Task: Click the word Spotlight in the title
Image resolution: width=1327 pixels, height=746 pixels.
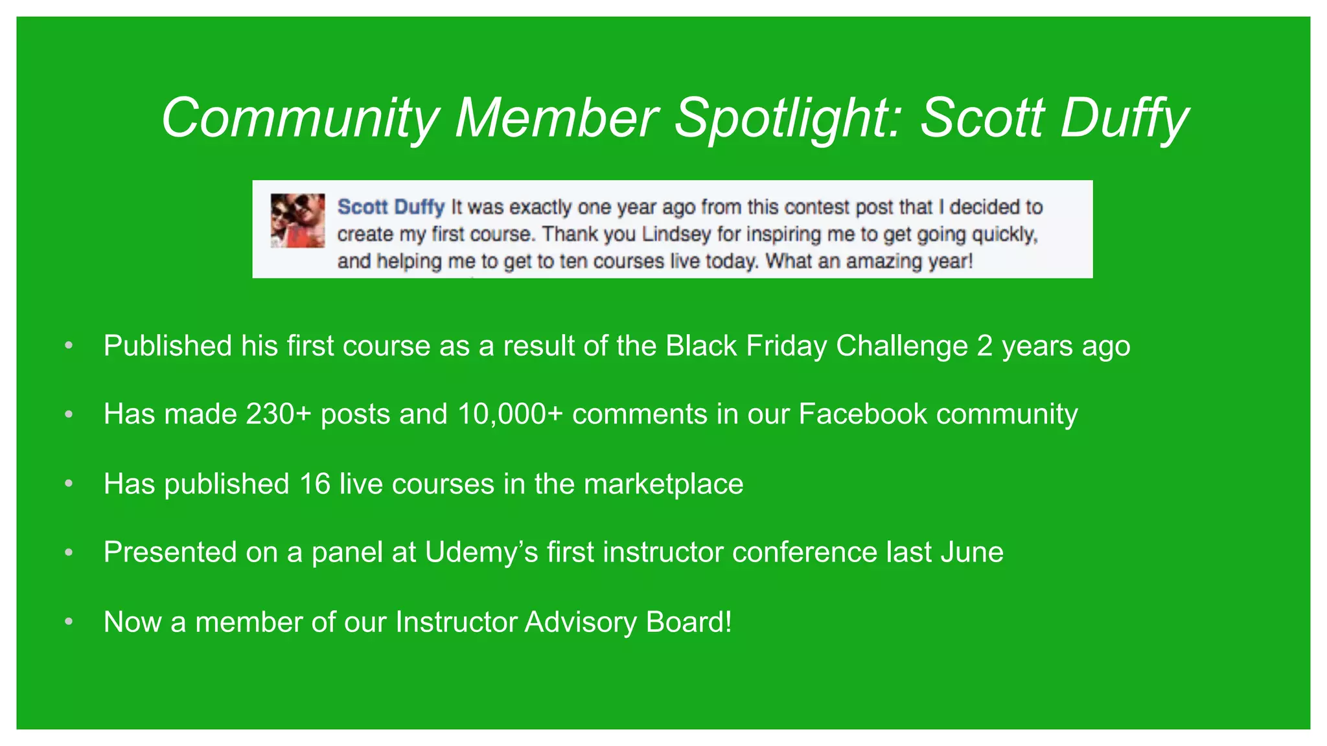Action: coord(787,119)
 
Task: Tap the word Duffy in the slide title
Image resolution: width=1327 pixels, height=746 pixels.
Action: coord(1124,119)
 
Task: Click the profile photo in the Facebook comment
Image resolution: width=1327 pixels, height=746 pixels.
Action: coord(297,220)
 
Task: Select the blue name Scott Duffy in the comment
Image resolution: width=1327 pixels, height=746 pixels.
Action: coord(391,207)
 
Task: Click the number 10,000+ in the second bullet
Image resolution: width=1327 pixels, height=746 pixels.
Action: coord(510,414)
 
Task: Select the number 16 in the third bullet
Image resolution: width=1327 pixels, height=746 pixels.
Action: coord(315,484)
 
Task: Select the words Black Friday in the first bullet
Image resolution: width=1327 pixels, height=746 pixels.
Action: coord(746,346)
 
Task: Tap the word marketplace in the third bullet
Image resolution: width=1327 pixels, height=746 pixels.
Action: coord(663,484)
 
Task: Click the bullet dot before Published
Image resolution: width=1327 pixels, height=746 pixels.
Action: coord(69,346)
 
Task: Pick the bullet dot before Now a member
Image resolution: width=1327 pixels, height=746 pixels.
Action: coord(69,622)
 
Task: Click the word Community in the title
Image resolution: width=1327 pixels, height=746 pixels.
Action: coord(301,119)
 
